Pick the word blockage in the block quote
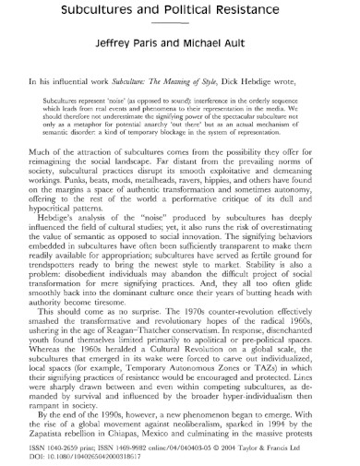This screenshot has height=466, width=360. point(199,145)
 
